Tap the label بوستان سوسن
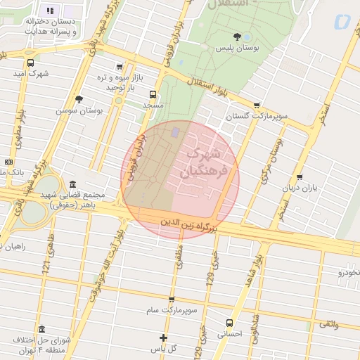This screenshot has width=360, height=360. tap(79, 111)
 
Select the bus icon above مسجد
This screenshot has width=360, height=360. tap(153, 94)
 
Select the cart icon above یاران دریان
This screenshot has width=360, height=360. tap(300, 177)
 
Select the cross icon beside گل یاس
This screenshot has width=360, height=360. tap(164, 337)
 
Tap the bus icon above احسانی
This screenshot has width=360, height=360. tap(229, 323)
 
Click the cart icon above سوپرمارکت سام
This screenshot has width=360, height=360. tap(172, 299)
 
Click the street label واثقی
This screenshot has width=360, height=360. tap(328, 324)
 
